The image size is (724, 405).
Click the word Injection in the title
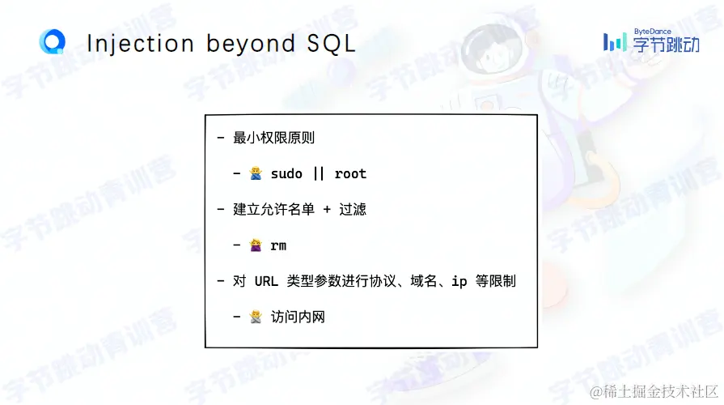click(141, 45)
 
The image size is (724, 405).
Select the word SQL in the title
click(331, 44)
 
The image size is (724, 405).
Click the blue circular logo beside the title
click(52, 41)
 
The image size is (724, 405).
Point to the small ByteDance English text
click(653, 32)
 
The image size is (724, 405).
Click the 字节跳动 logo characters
click(666, 45)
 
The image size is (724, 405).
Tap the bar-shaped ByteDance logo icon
click(615, 42)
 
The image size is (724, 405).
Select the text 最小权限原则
click(273, 138)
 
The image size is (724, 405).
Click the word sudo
click(286, 174)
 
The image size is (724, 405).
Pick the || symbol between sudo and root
click(319, 174)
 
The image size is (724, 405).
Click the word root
click(350, 174)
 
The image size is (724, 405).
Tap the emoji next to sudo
click(256, 173)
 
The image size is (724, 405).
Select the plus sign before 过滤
click(327, 210)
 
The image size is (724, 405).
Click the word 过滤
click(353, 210)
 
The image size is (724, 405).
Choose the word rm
click(278, 246)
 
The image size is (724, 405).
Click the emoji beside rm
click(256, 245)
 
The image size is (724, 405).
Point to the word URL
click(266, 281)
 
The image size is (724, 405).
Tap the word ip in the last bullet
click(459, 282)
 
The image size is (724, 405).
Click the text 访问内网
click(298, 317)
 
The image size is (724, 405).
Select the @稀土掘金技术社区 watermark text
click(654, 391)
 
